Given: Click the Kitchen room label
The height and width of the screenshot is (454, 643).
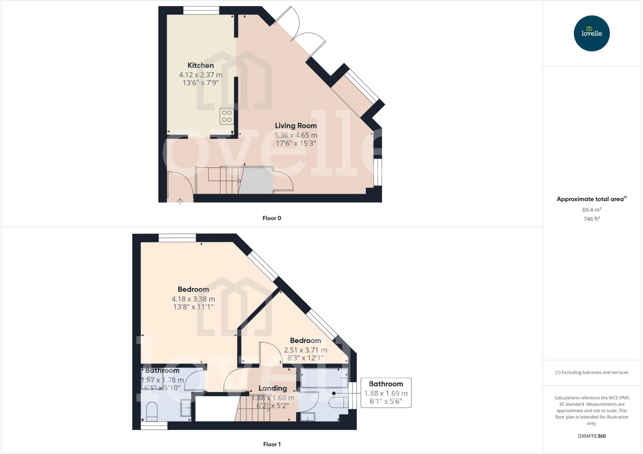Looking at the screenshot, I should click(200, 65).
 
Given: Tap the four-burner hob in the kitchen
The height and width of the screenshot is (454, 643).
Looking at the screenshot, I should click(227, 116).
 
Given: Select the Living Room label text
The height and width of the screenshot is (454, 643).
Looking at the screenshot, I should click(296, 126).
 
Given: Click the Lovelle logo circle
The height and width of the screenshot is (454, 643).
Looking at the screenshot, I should click(592, 33).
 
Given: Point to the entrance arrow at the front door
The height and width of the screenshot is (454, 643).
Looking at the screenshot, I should click(180, 201).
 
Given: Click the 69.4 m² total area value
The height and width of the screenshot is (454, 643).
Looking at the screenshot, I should click(592, 210).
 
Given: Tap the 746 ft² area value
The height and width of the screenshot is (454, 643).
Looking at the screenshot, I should click(592, 219).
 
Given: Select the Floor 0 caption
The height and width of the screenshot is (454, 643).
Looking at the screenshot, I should click(272, 218).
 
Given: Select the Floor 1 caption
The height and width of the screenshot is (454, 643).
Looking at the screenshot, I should click(272, 444).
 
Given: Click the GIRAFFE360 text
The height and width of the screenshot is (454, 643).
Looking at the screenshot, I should click(592, 436).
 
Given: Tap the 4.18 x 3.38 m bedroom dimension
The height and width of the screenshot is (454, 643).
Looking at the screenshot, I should click(193, 299).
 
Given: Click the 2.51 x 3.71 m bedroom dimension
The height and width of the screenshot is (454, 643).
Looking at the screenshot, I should click(305, 350).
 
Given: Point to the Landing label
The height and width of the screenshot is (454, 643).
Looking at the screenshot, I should click(273, 388).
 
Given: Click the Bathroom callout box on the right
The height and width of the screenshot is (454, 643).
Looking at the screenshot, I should click(386, 393).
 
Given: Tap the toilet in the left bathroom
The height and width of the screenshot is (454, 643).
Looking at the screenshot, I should click(152, 411).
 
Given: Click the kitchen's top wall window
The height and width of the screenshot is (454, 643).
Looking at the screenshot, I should click(201, 10).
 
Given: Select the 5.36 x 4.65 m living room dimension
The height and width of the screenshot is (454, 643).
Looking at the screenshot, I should click(296, 135).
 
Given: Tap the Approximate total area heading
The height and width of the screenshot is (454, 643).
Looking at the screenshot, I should click(590, 199).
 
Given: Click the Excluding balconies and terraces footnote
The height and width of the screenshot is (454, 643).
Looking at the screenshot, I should click(592, 372).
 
